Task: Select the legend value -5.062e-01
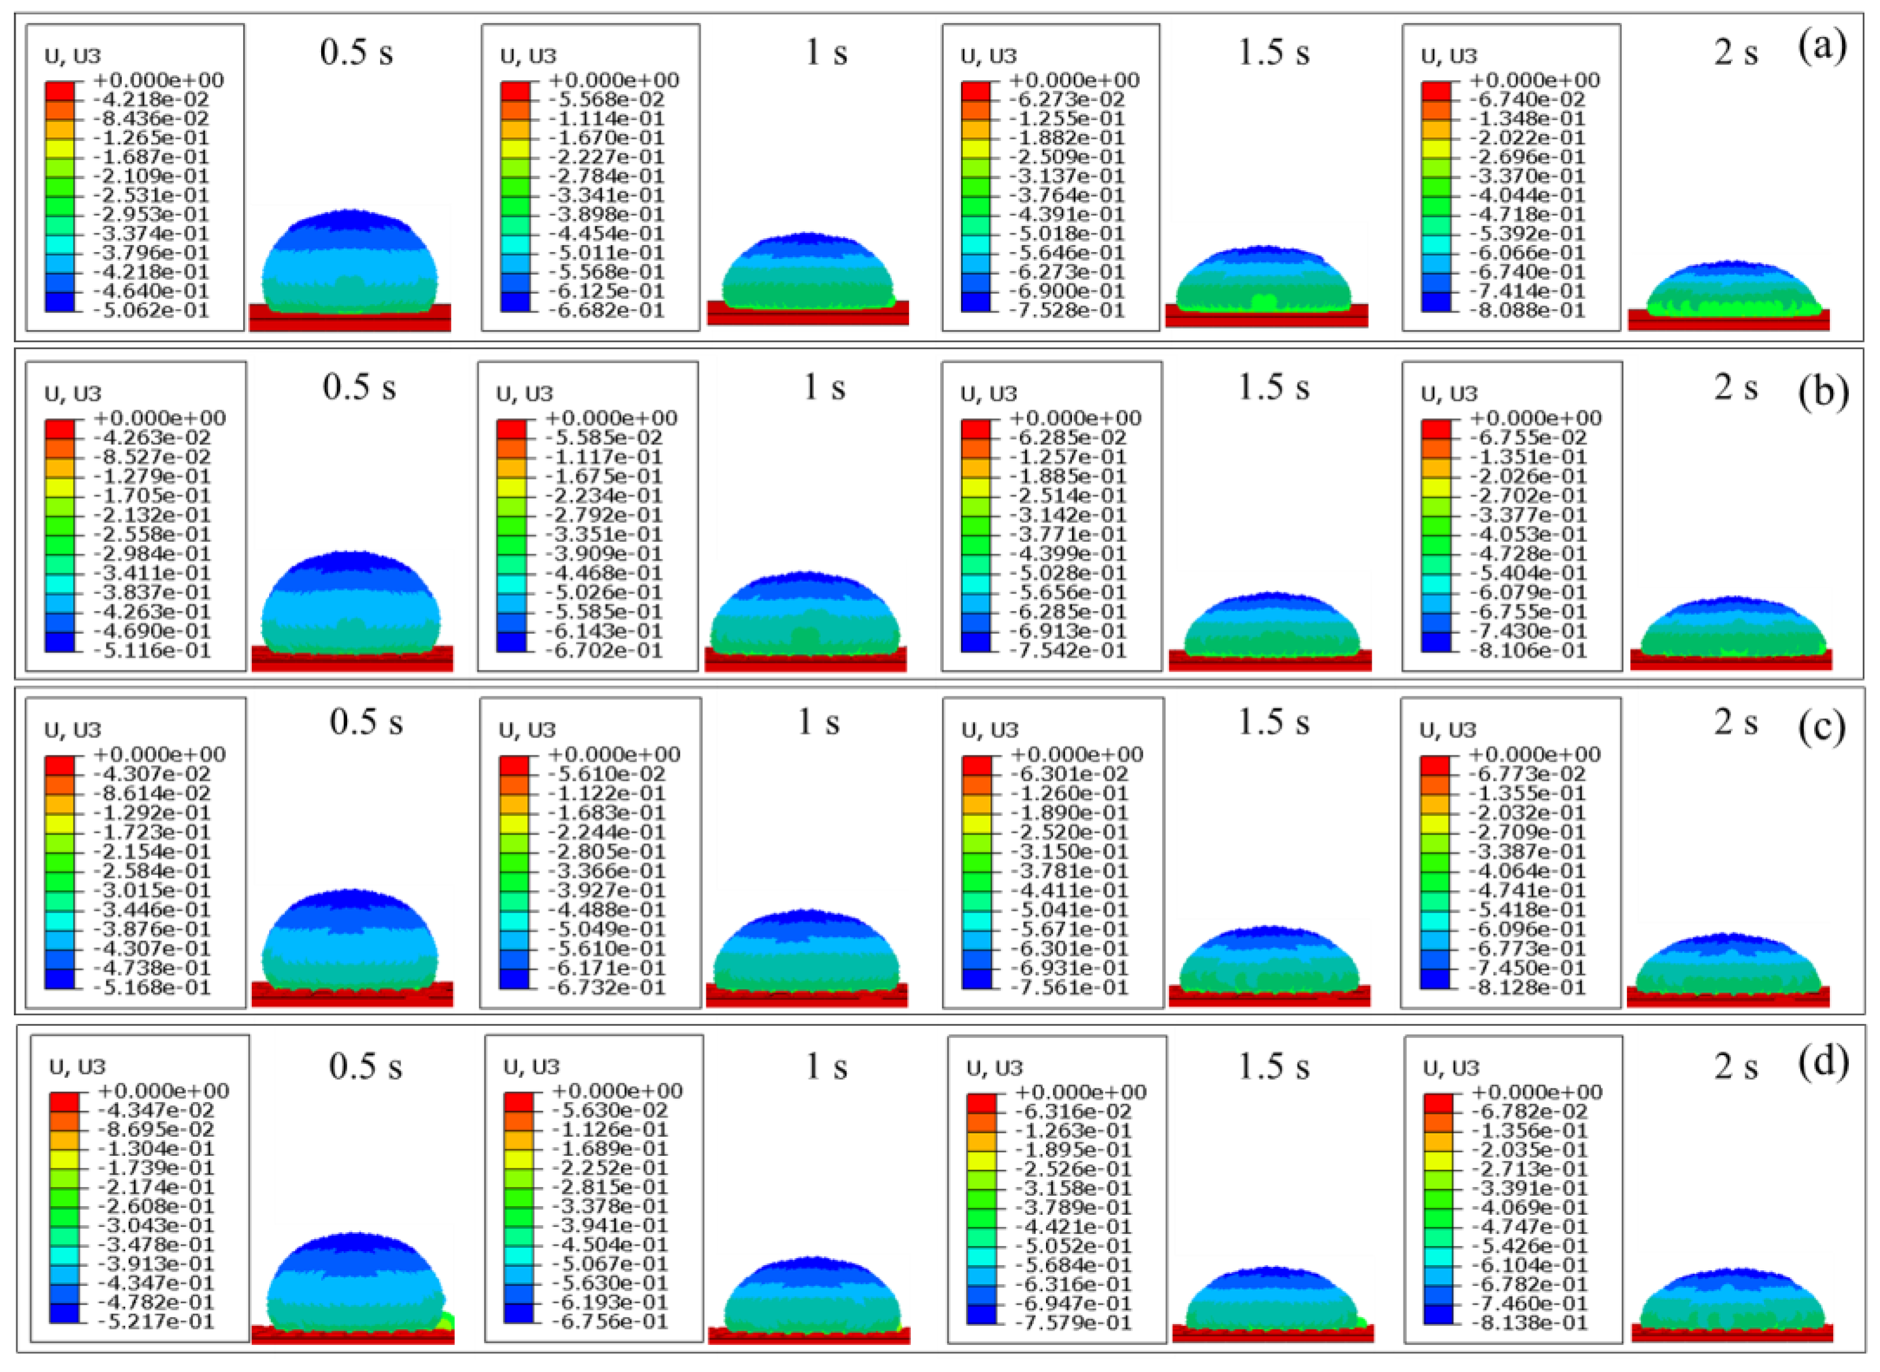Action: [152, 310]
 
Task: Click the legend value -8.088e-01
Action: [1527, 310]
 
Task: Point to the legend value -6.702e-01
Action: [606, 650]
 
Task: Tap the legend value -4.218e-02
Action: [152, 99]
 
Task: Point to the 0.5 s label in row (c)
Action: [366, 721]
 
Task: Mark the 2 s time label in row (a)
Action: [1736, 53]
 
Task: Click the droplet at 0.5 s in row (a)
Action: [349, 262]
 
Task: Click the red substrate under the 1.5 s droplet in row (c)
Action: [1268, 996]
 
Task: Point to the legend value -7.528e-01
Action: [1067, 310]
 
